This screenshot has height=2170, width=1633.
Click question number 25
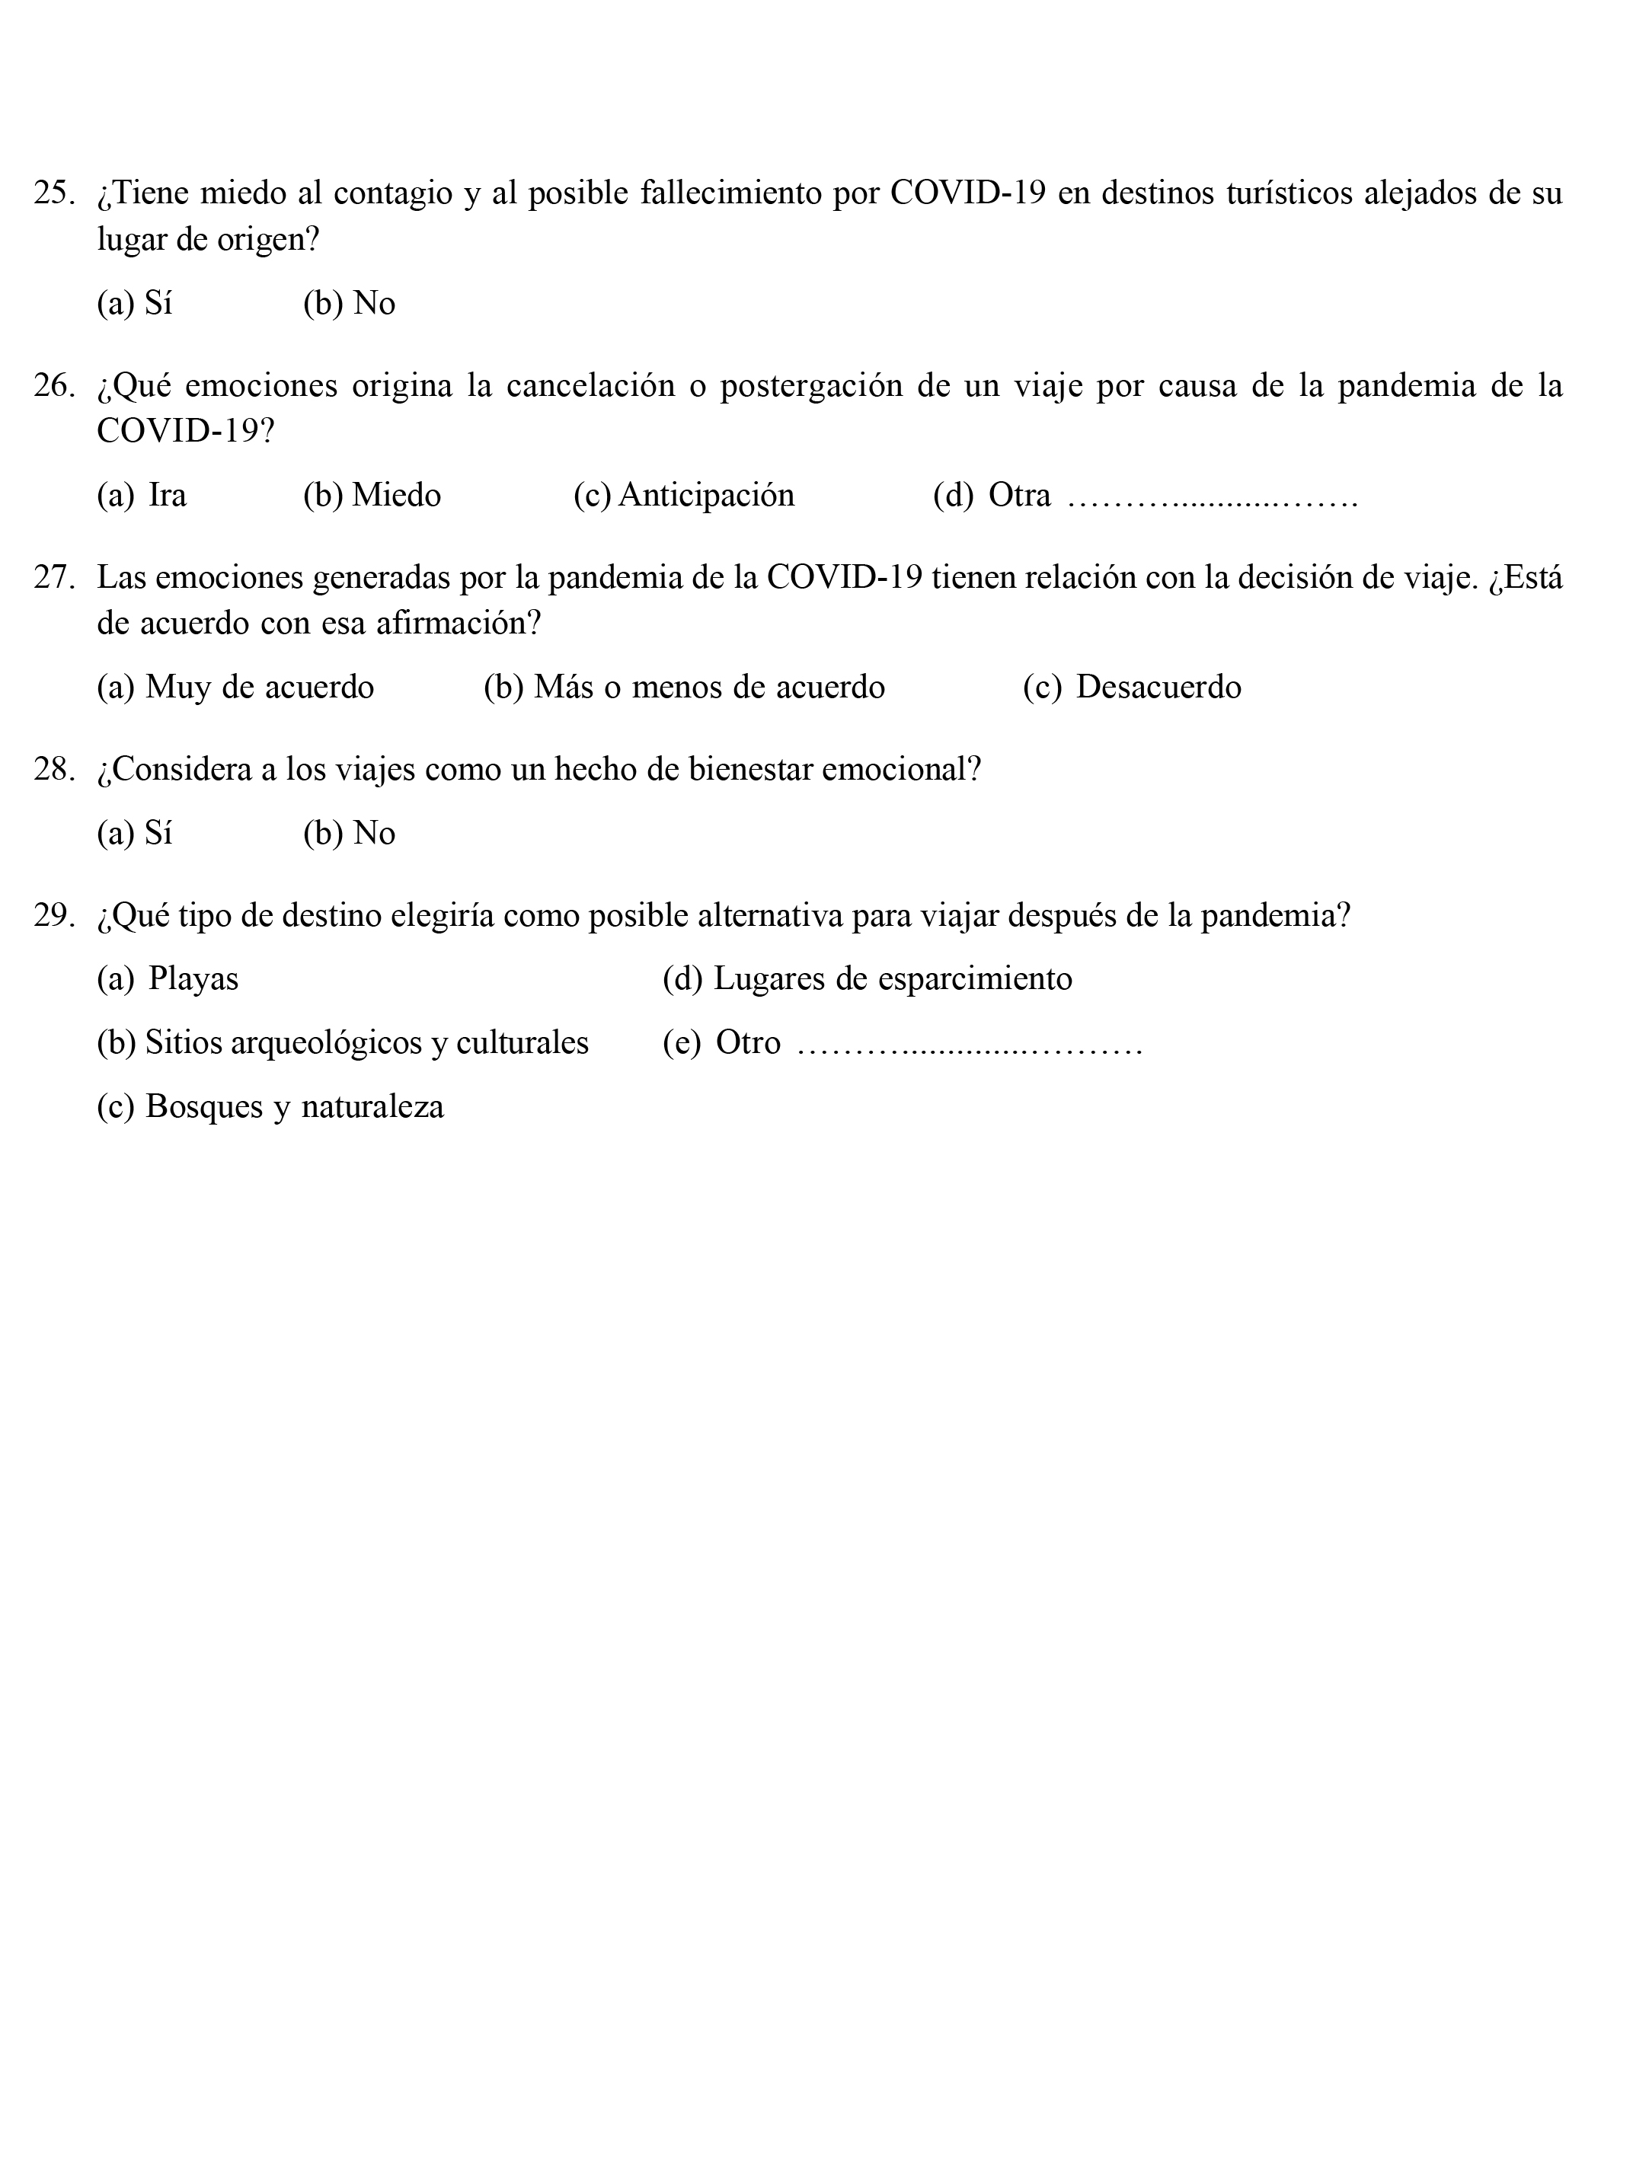tap(54, 193)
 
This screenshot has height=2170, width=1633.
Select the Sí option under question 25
tap(135, 303)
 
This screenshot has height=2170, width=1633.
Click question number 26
tap(54, 385)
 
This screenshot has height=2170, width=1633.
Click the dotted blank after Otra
tap(1212, 500)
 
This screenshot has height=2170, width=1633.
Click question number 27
tap(54, 577)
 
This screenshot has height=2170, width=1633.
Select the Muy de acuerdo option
tap(235, 687)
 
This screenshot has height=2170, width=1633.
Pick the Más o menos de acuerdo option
tap(684, 687)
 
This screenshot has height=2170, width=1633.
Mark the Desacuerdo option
tap(1132, 687)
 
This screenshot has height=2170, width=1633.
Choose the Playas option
tap(168, 978)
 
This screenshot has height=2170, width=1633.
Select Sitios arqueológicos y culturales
tap(343, 1042)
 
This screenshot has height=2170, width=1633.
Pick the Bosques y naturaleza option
tap(270, 1106)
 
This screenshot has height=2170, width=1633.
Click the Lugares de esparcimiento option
tap(868, 978)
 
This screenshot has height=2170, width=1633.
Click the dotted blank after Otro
tap(970, 1047)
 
